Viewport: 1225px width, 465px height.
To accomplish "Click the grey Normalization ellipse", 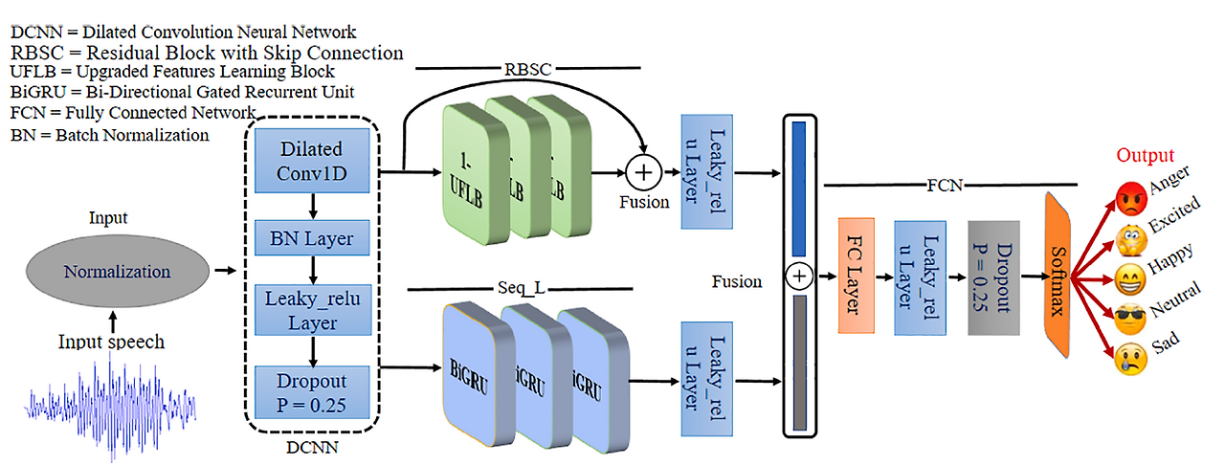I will (117, 271).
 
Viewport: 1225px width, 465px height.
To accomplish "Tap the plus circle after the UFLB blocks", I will (645, 173).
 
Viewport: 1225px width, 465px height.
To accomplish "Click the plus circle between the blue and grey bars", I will (799, 277).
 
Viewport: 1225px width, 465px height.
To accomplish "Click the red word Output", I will (1145, 155).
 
